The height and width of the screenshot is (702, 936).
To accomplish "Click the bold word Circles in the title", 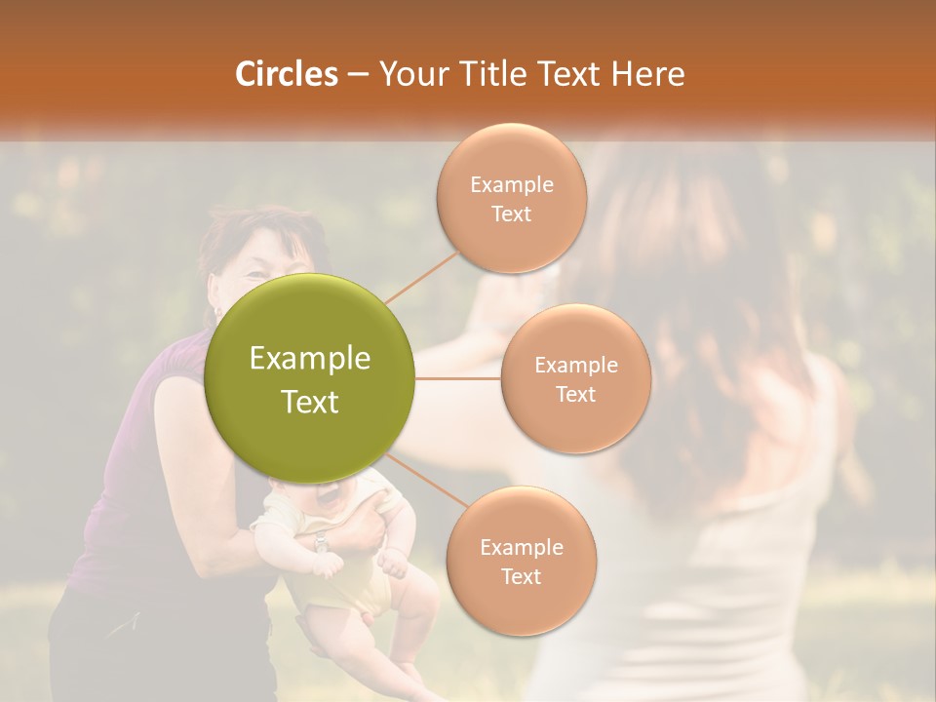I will click(287, 74).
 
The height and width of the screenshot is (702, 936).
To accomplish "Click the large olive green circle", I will click(309, 378).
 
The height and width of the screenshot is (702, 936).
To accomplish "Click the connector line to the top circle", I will click(421, 277).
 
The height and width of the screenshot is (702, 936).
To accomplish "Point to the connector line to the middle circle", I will click(458, 378).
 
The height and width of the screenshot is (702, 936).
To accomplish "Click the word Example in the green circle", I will click(309, 359).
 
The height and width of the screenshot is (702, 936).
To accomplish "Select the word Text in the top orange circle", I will click(512, 214).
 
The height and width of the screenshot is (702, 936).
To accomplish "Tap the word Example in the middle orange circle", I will click(576, 366).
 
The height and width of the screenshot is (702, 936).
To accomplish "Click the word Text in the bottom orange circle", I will click(521, 576).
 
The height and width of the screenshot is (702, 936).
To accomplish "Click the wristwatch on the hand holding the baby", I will click(321, 543).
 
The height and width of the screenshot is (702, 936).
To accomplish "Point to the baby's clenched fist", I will click(390, 563).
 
